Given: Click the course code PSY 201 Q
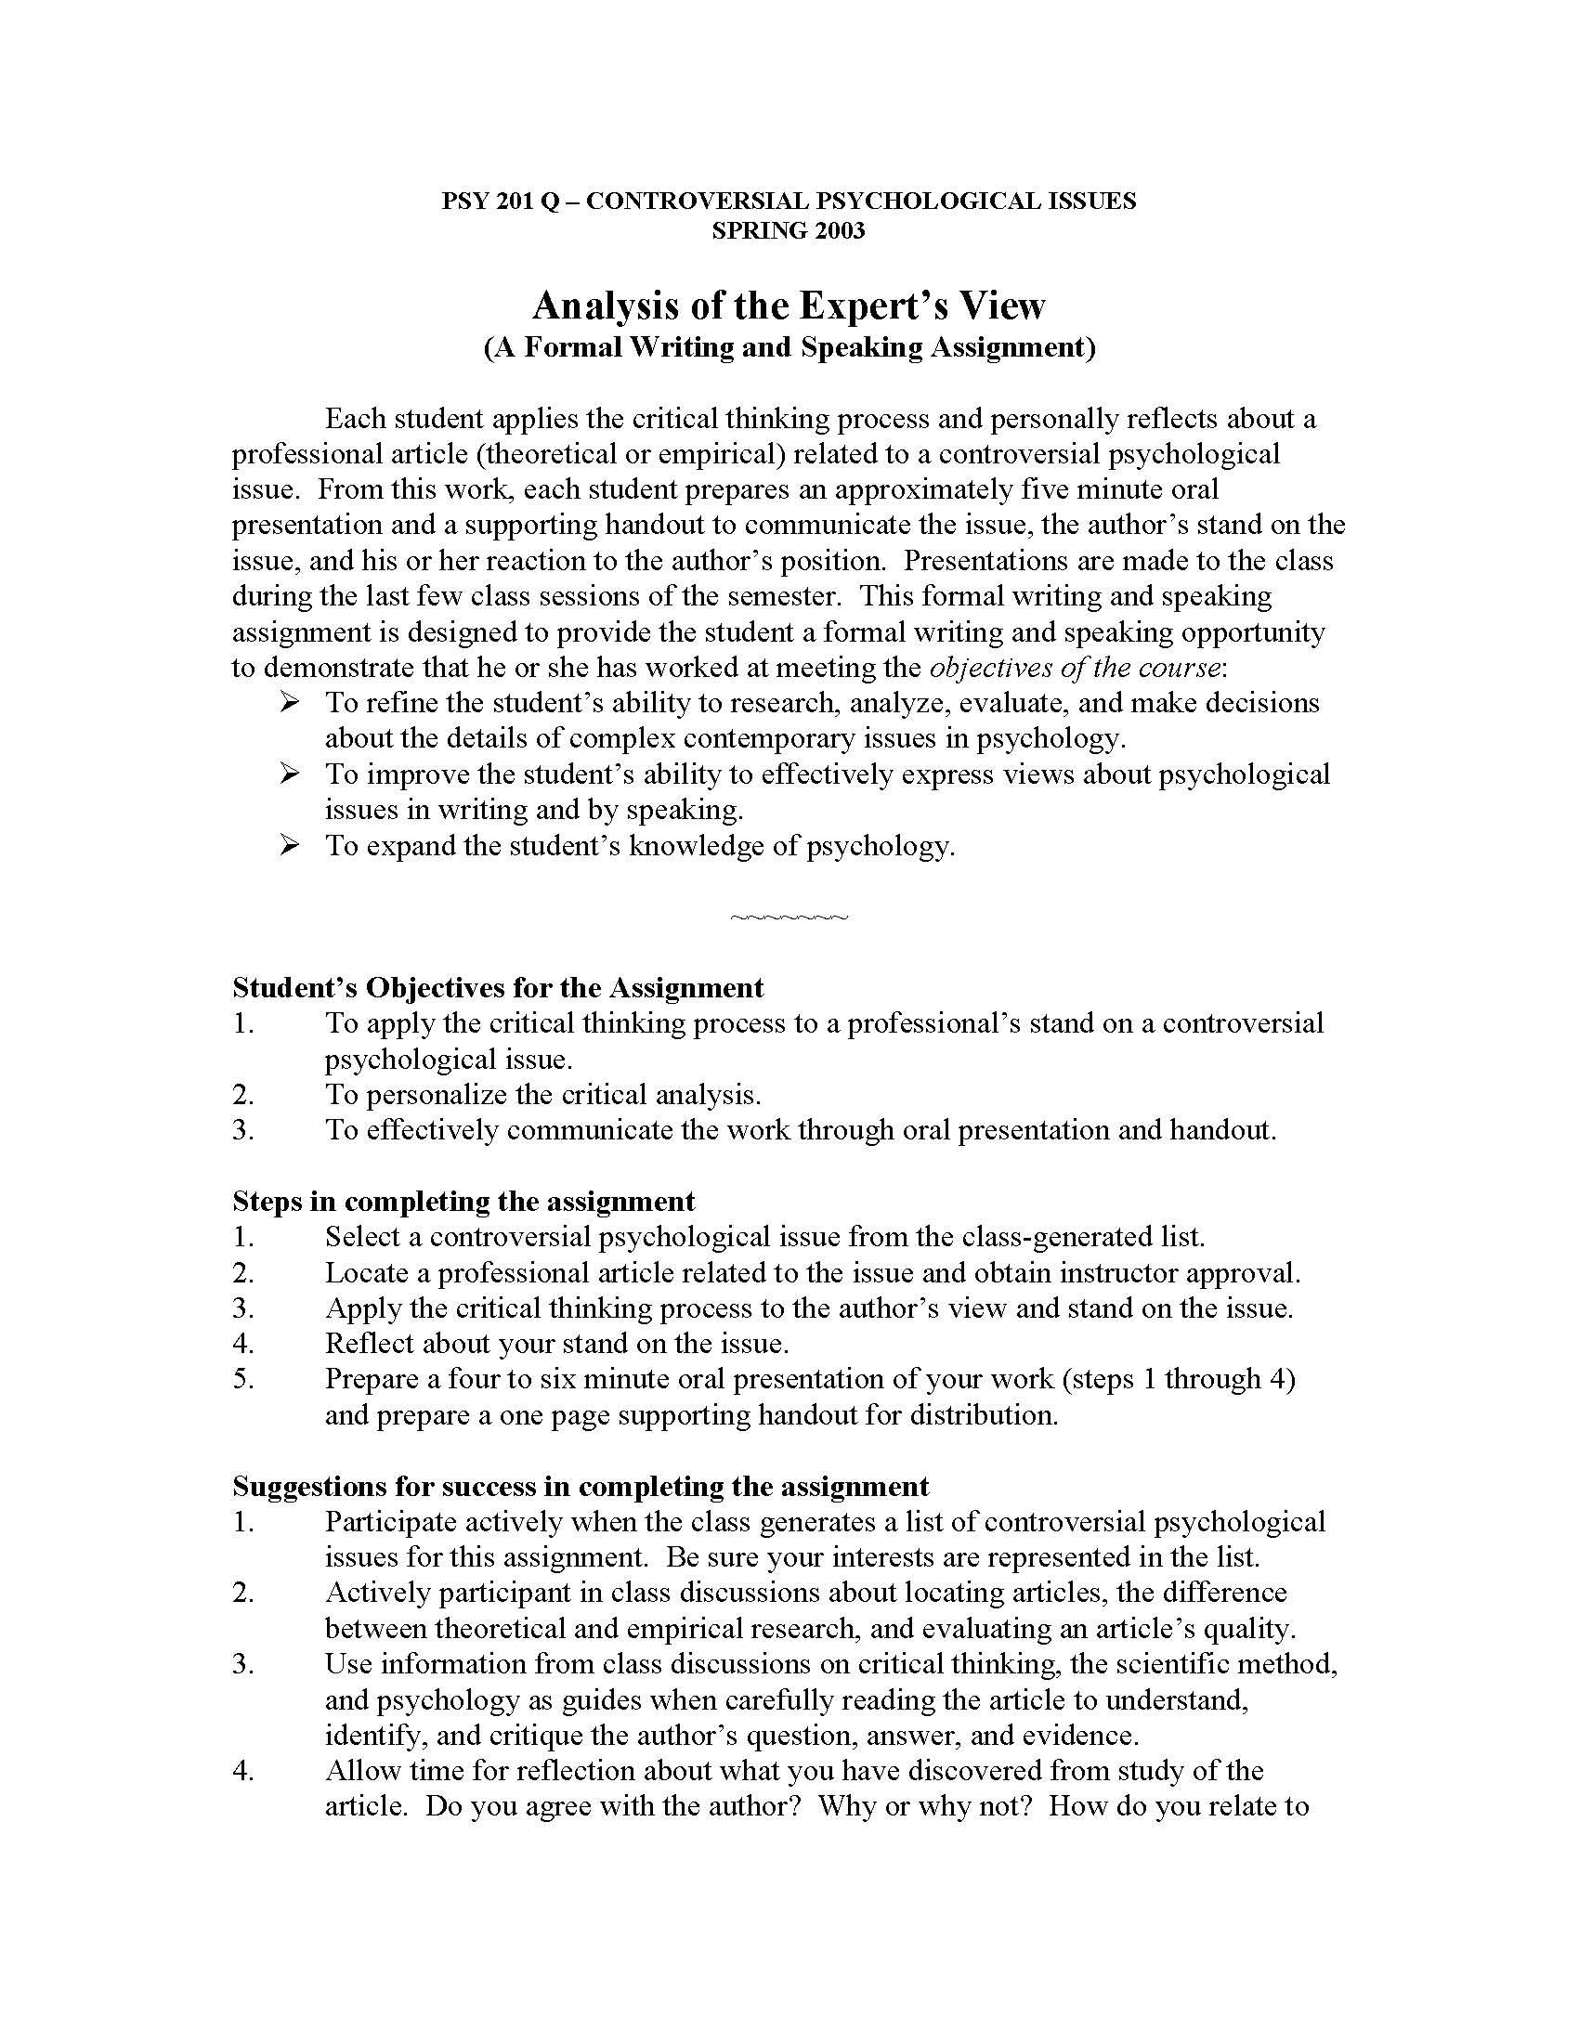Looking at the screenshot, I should tap(500, 202).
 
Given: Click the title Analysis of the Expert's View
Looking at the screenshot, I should tap(789, 305).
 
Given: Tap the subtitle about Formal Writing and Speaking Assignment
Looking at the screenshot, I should tap(789, 347).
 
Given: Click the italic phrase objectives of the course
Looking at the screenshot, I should tap(1075, 668).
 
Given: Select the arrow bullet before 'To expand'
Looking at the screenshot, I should tap(289, 845).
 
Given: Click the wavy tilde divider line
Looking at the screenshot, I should tap(789, 917).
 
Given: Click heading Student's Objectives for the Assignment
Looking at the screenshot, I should tap(498, 988).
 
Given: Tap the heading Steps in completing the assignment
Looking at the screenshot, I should tap(464, 1201).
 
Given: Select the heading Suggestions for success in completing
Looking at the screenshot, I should tap(580, 1487).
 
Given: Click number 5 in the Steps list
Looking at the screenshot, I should tap(243, 1379).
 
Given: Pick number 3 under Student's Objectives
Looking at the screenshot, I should tap(243, 1130).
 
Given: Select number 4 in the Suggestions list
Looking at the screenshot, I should tap(243, 1771).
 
